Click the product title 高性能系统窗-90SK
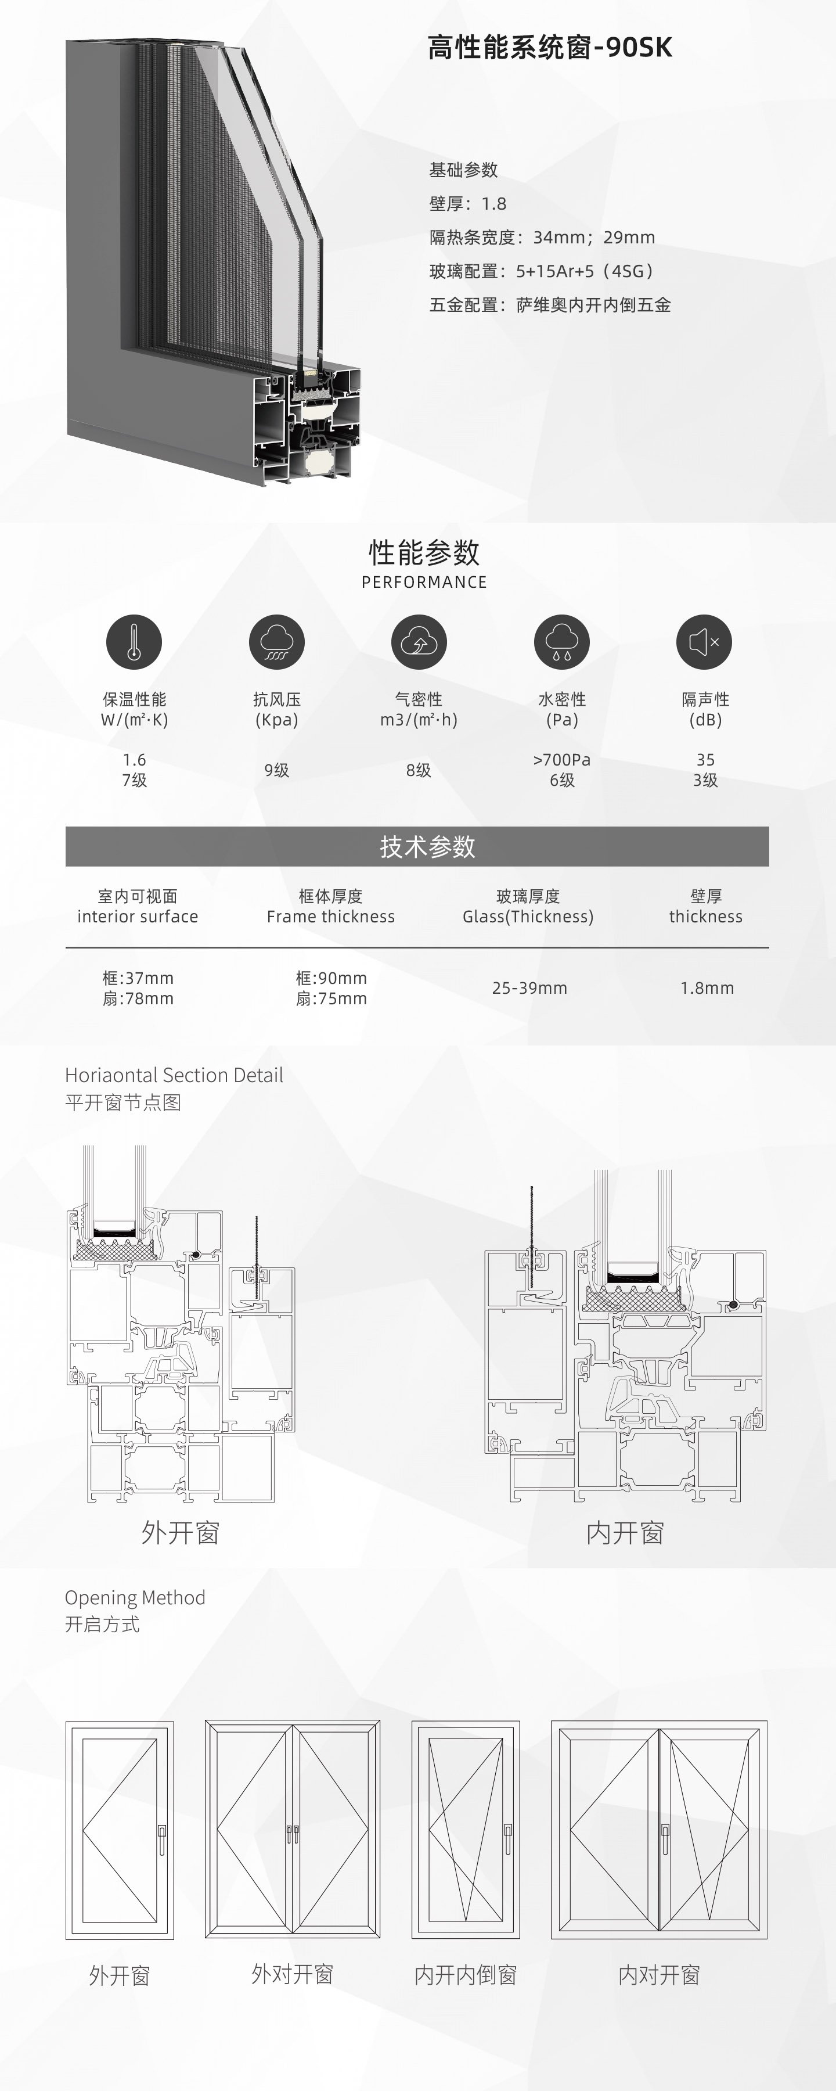click(549, 48)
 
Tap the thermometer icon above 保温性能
click(134, 641)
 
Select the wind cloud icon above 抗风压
click(277, 641)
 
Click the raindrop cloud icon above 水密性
click(561, 641)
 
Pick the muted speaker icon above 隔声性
click(705, 641)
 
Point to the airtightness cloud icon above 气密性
click(419, 641)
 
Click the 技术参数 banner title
click(428, 847)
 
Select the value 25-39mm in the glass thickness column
click(529, 988)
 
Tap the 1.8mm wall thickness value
click(707, 988)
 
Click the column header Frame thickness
click(330, 917)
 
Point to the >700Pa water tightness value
click(561, 760)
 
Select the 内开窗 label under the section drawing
click(625, 1533)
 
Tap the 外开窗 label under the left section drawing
click(180, 1533)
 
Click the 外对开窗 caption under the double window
click(292, 1974)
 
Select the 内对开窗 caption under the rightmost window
click(659, 1975)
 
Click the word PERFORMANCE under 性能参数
click(424, 582)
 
